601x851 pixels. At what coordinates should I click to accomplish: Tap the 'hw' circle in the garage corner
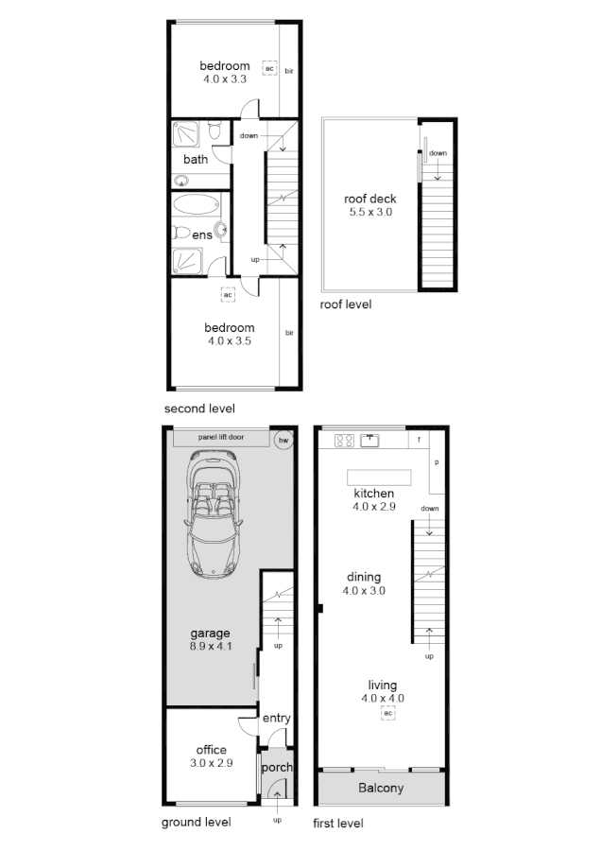point(282,439)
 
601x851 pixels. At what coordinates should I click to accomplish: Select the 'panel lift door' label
point(220,438)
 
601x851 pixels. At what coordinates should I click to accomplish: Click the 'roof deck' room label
point(369,199)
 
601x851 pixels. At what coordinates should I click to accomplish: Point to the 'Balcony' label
point(381,788)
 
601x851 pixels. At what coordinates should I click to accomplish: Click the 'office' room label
point(211,750)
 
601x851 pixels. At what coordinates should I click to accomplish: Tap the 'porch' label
point(277,767)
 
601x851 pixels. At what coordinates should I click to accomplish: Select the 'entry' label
point(277,719)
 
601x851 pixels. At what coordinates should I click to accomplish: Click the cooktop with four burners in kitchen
point(345,440)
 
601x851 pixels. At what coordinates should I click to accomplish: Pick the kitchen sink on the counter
point(371,440)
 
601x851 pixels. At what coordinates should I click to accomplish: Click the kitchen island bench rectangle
point(379,476)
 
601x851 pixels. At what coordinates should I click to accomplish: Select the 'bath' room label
point(196,160)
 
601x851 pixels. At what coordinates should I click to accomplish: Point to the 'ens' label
point(202,234)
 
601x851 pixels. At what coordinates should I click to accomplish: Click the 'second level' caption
point(199,408)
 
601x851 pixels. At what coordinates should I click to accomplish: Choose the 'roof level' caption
point(346,304)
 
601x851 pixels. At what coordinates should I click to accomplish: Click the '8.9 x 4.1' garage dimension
point(210,647)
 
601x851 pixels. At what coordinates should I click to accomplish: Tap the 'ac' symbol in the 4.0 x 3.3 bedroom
point(269,69)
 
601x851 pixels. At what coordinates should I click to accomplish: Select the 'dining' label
point(364,577)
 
